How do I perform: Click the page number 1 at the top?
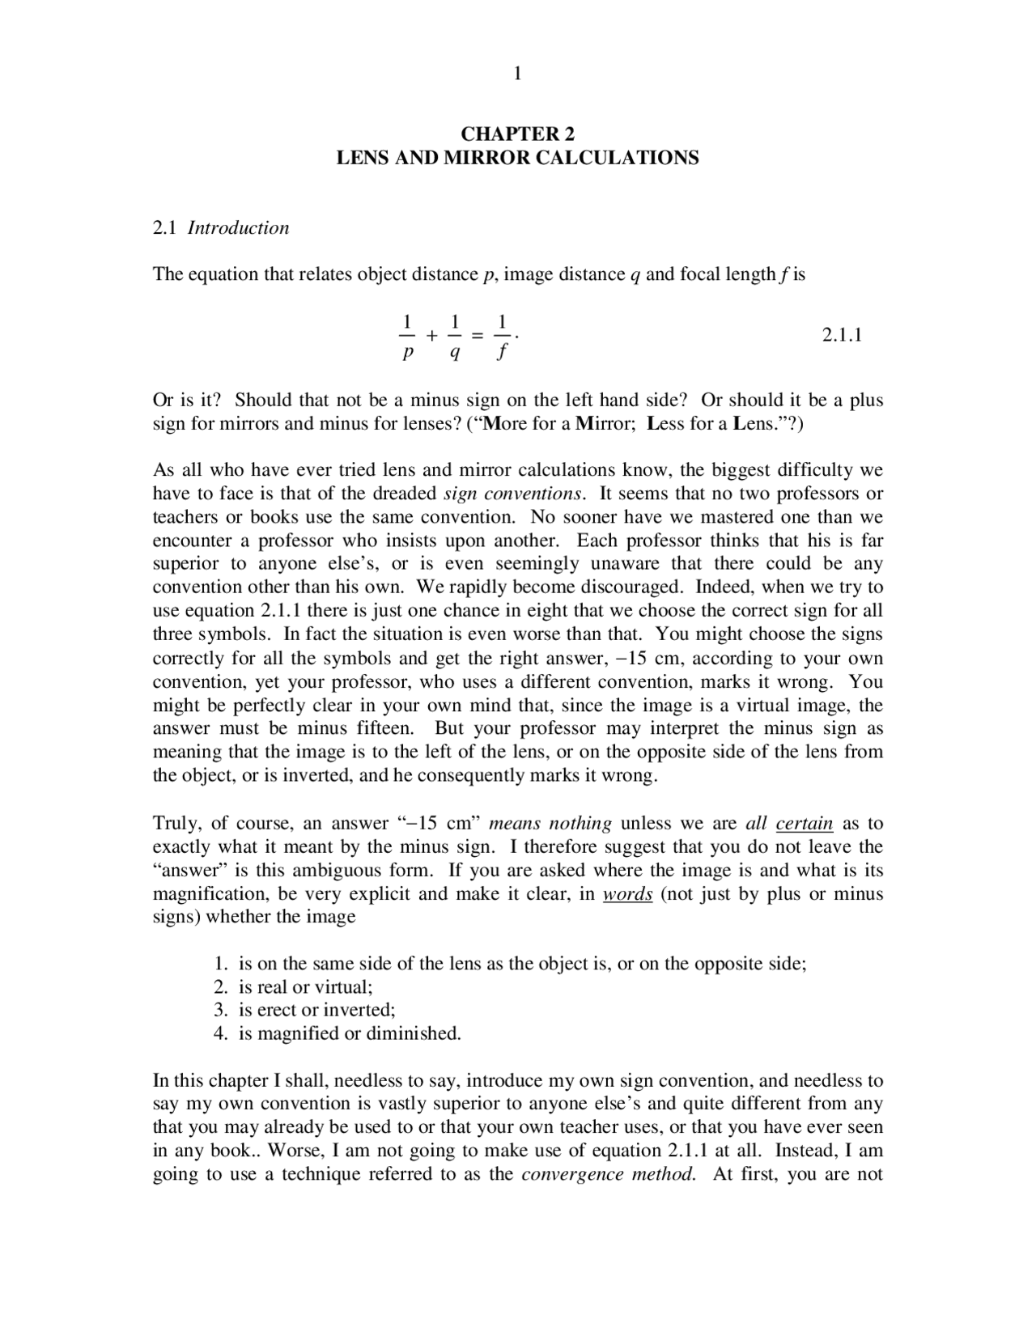point(517,74)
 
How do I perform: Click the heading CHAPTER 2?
point(517,134)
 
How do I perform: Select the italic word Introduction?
point(238,228)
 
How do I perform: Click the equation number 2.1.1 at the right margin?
point(842,335)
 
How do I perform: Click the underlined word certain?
point(804,824)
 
